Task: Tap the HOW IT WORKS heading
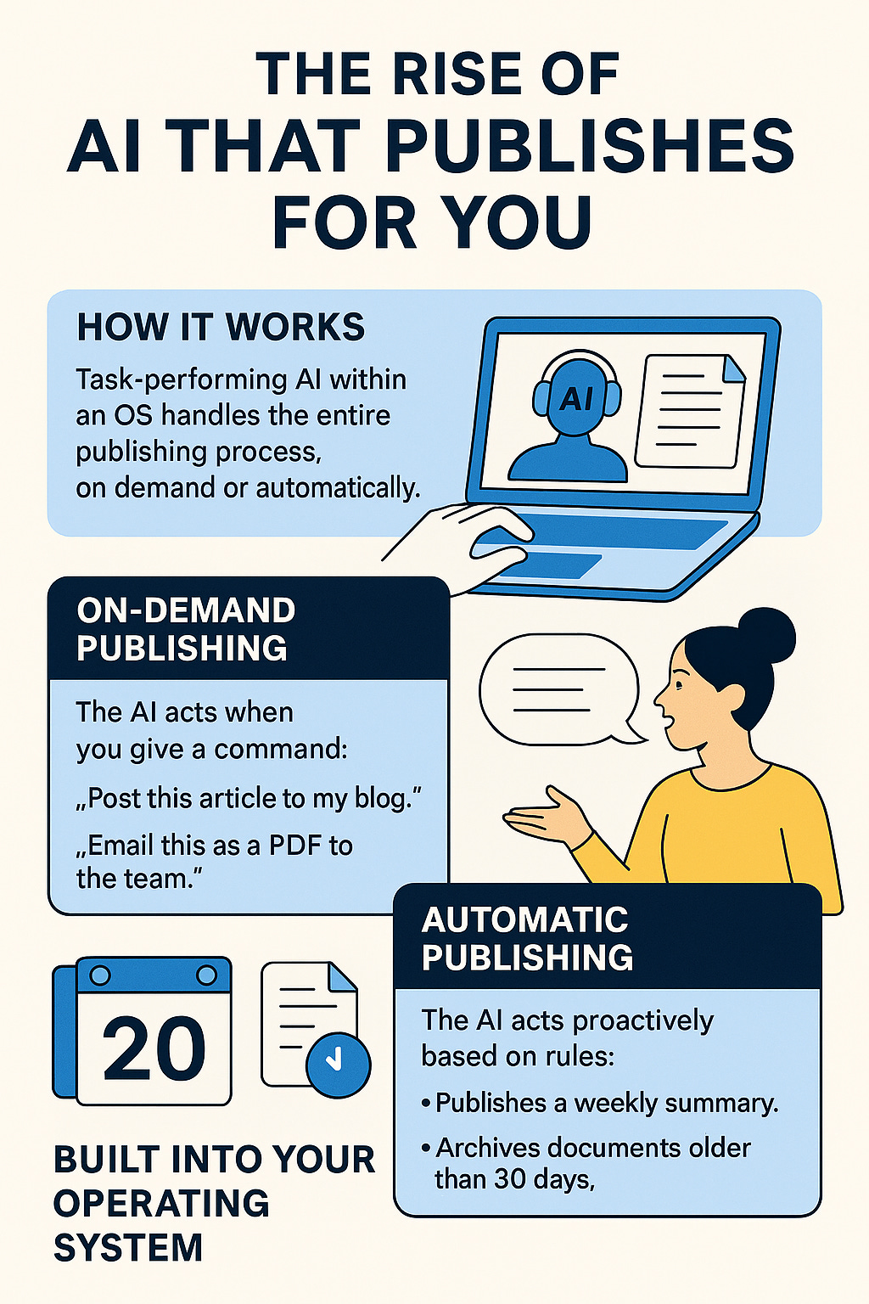coord(221,328)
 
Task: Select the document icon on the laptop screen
coord(689,411)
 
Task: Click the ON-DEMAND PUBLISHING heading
coord(186,629)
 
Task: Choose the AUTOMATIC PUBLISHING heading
coord(526,939)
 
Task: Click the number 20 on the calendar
coord(154,1048)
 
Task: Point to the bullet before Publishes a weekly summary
coord(426,1104)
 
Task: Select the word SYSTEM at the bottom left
coord(128,1248)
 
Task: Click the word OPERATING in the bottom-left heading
coord(161,1204)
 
